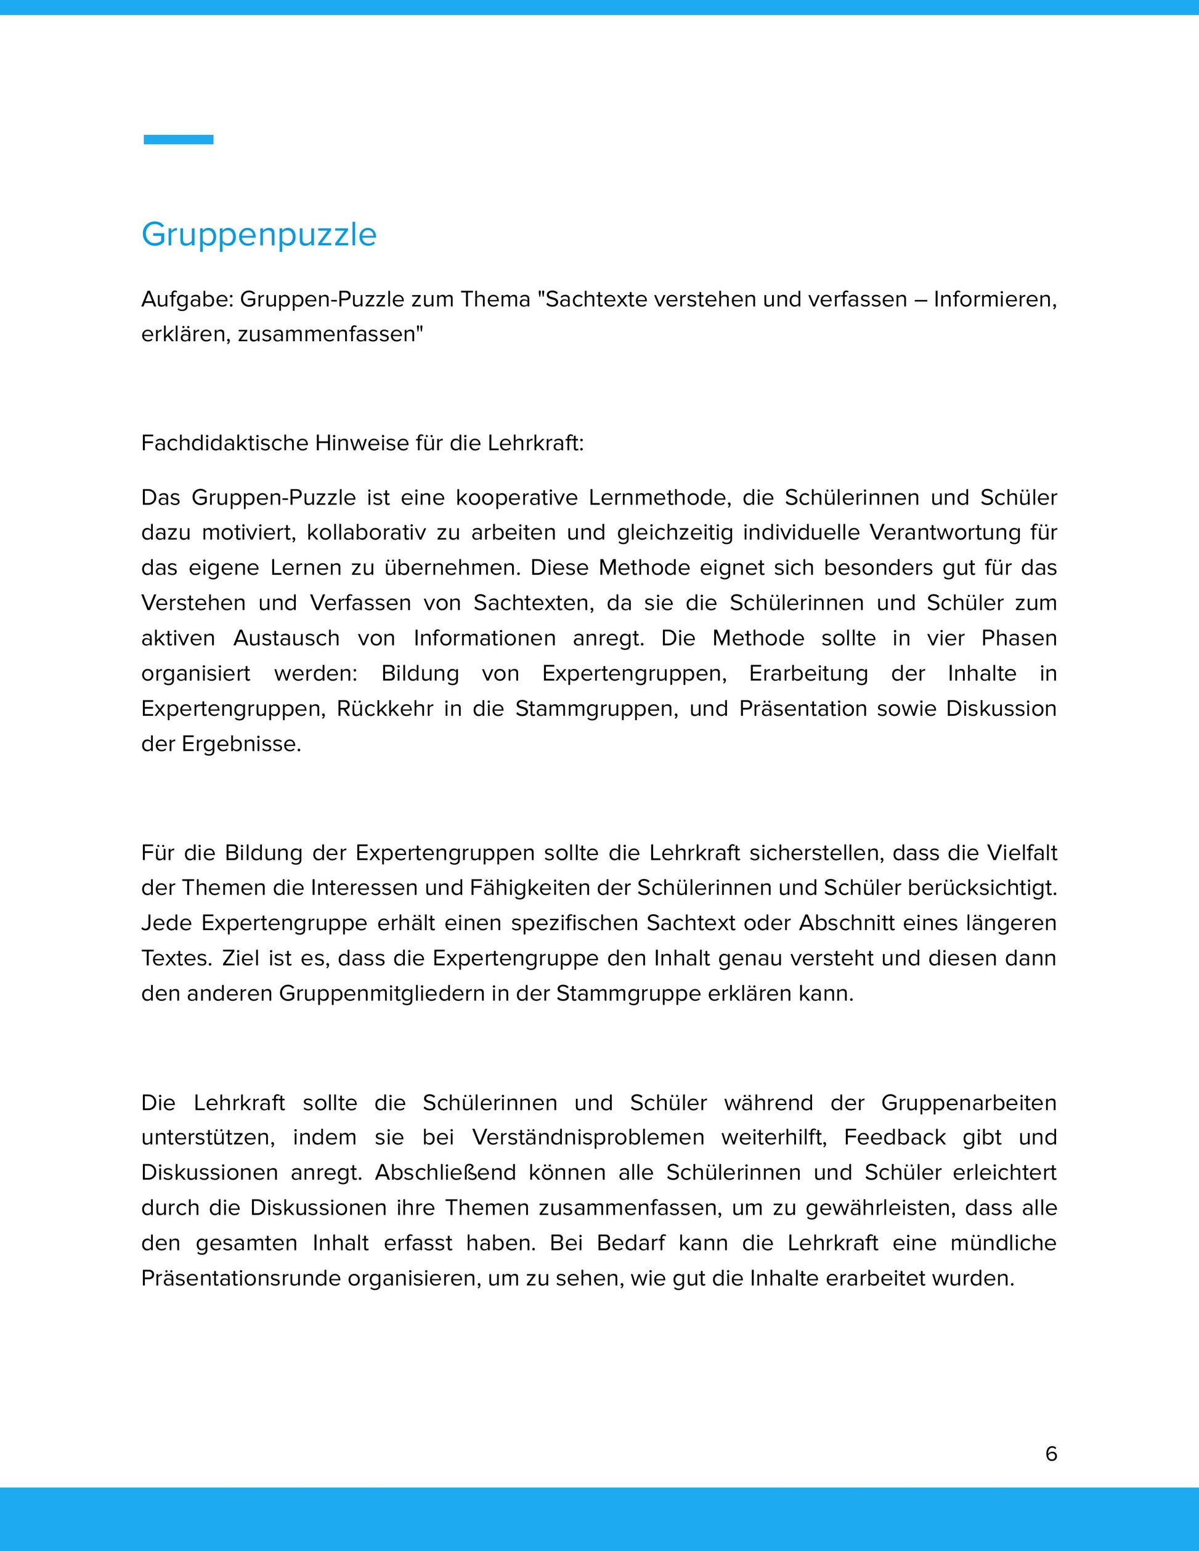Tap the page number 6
coord(1051,1454)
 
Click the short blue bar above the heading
coord(178,140)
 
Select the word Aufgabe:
coord(187,300)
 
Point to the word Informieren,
coord(994,300)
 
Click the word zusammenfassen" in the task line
coord(330,334)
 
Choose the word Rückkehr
coord(384,709)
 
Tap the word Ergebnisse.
coord(242,743)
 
